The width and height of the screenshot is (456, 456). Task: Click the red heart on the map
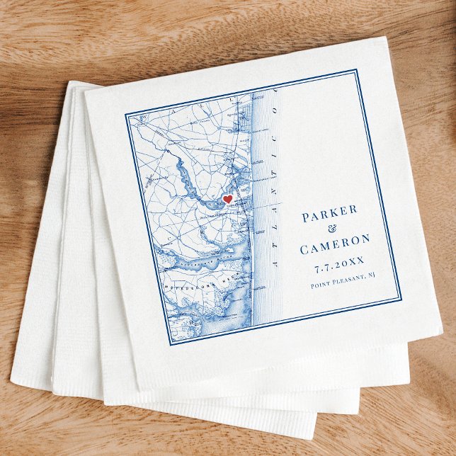click(227, 200)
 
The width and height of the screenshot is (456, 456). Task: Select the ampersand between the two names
click(334, 232)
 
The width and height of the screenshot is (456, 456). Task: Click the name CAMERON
click(337, 248)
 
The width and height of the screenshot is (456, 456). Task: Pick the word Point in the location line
click(321, 285)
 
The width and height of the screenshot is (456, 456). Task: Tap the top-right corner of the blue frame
click(355, 71)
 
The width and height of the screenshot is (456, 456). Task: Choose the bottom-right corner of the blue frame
click(400, 299)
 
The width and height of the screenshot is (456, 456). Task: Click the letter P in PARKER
click(306, 217)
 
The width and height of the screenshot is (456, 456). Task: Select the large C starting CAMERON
click(304, 250)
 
